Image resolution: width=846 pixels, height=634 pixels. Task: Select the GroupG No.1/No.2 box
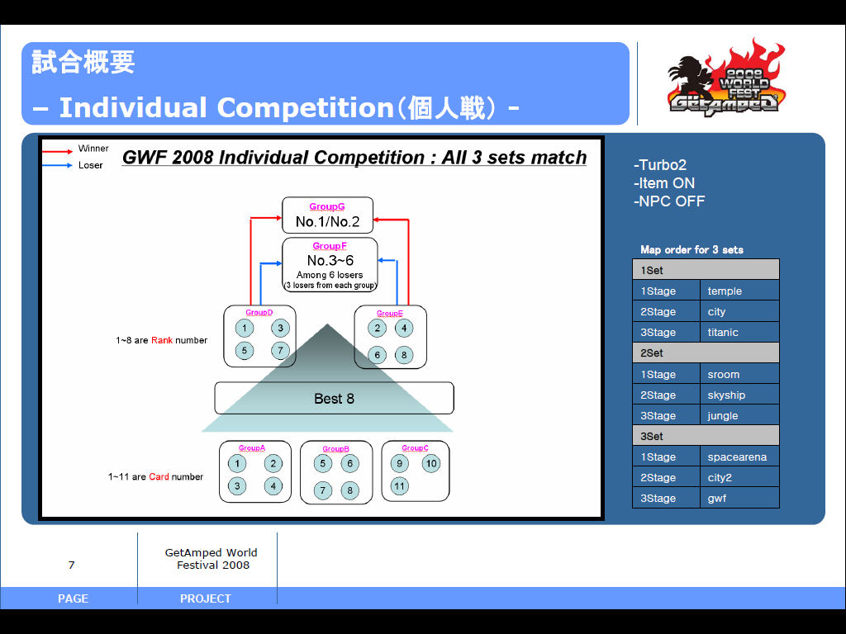[327, 215]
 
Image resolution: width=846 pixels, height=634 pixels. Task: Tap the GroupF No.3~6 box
[330, 264]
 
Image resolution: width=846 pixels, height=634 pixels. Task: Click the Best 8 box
[334, 398]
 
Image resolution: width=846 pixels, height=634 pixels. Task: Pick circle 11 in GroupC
[400, 485]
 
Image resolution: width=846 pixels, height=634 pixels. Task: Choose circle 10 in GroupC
[431, 464]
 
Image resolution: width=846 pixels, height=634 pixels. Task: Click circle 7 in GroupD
[280, 350]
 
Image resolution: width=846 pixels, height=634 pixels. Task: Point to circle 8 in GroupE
[403, 355]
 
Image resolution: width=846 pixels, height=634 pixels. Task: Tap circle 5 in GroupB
[323, 464]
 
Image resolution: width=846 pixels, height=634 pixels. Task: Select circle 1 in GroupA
[237, 464]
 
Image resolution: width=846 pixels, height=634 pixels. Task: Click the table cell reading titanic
[739, 333]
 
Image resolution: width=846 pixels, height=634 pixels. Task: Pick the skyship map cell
[739, 395]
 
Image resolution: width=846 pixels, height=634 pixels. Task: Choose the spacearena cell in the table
[739, 457]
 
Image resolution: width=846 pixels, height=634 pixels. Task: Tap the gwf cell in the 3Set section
[739, 499]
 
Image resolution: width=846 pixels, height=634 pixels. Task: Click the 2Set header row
[706, 353]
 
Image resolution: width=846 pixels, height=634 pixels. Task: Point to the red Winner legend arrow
[58, 151]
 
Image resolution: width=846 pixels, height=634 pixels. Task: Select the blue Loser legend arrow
[58, 165]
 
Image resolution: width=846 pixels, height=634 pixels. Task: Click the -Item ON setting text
[663, 183]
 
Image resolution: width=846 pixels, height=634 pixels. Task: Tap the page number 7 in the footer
[72, 565]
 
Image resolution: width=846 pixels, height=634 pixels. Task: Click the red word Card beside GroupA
[159, 476]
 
